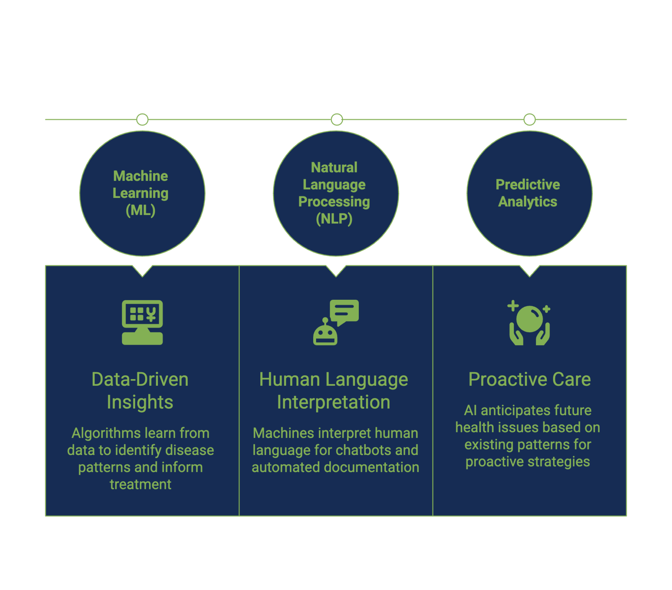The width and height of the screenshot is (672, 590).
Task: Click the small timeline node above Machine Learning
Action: click(142, 120)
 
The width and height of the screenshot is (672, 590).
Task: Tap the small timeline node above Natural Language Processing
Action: click(337, 120)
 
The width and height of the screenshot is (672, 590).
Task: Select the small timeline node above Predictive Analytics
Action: click(530, 120)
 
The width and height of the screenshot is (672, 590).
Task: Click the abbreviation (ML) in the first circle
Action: click(140, 211)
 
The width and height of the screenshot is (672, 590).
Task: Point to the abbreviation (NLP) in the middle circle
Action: click(334, 219)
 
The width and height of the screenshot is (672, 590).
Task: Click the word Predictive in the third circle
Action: click(528, 185)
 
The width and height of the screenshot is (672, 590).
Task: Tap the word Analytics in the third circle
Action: click(528, 202)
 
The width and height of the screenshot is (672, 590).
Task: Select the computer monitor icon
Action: click(142, 322)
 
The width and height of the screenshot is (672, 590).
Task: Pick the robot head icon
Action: click(325, 334)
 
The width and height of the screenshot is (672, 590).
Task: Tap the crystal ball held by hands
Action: click(529, 319)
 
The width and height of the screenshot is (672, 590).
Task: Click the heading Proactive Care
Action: click(530, 379)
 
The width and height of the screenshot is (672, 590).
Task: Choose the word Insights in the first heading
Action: click(140, 402)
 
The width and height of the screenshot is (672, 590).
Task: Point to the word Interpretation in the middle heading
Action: click(334, 402)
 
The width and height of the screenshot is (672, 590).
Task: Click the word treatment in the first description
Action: click(140, 485)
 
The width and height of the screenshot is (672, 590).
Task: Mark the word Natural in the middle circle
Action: click(334, 168)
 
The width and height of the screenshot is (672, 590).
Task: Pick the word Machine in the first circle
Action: click(140, 176)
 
